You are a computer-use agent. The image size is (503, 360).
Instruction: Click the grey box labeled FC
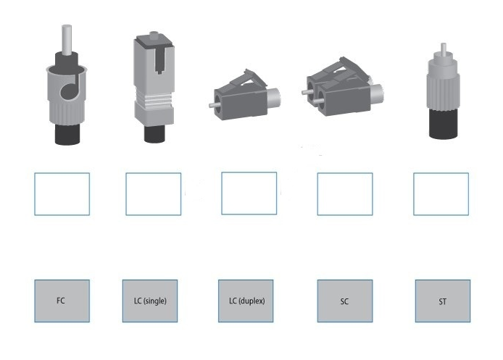pos(62,301)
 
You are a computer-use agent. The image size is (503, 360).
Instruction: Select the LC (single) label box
pos(150,301)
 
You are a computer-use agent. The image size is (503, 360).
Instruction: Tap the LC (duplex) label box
pos(246,301)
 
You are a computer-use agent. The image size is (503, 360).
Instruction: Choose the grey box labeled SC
pos(345,301)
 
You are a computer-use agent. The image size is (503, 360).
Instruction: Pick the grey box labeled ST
pos(443,301)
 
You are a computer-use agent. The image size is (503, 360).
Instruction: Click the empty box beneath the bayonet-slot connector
pos(62,194)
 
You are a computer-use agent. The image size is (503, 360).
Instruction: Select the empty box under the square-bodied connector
pos(154,194)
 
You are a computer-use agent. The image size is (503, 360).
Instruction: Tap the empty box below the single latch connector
pos(249,193)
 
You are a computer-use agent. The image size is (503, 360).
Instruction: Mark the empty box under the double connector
pos(345,194)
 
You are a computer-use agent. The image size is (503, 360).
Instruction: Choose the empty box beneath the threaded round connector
pos(441,194)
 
